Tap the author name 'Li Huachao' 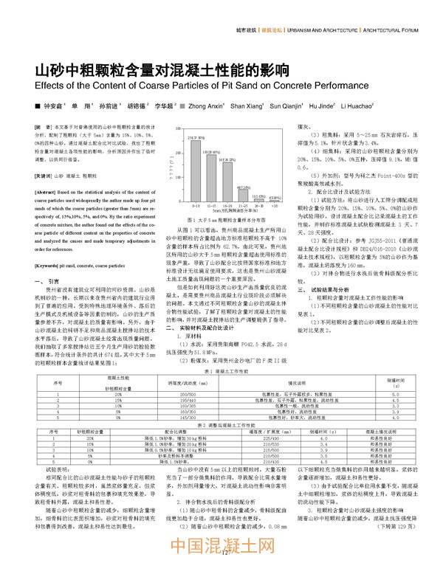coord(356,106)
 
